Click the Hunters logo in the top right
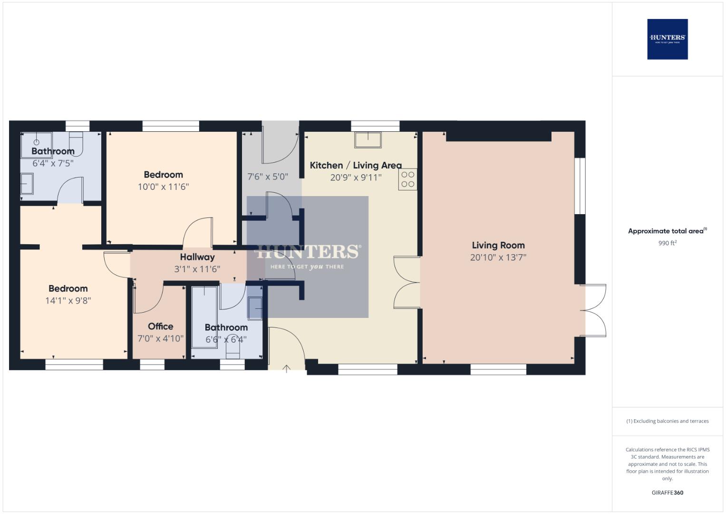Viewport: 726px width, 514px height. point(667,39)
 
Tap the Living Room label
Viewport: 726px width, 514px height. point(498,245)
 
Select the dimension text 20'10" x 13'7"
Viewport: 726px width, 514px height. point(498,257)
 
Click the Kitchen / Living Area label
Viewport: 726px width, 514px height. point(355,165)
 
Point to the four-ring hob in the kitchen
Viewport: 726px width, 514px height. point(407,179)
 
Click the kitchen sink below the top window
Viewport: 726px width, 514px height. point(368,139)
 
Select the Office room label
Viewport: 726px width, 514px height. point(160,326)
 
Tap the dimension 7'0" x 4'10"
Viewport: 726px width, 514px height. point(160,338)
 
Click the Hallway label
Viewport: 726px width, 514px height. point(197,257)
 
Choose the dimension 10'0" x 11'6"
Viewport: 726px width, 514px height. point(163,187)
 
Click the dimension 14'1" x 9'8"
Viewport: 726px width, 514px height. point(68,300)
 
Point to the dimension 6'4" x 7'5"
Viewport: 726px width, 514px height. point(52,163)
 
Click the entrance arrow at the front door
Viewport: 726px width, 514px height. point(287,368)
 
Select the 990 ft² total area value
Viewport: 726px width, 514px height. point(667,243)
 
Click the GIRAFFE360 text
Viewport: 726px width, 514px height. point(667,493)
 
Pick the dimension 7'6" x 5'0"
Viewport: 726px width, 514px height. point(268,177)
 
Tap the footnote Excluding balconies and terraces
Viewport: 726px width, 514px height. point(667,421)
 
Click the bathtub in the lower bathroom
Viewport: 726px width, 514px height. point(204,317)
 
